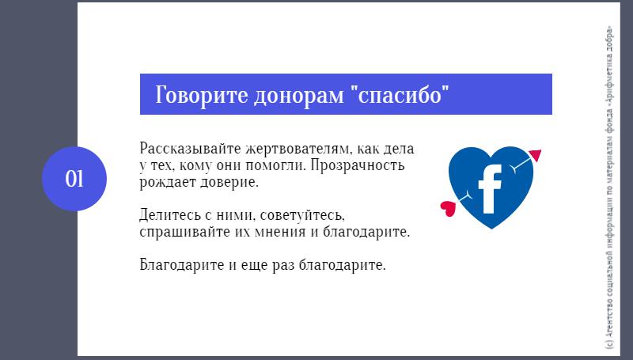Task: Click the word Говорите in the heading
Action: tap(201, 95)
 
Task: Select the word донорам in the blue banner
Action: tap(299, 96)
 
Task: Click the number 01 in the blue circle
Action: tap(74, 179)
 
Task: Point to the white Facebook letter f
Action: tap(490, 189)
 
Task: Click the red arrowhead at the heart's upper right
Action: tap(536, 155)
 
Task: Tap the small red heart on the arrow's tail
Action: tap(448, 208)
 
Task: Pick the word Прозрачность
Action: tap(358, 166)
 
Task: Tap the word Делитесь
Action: tap(170, 215)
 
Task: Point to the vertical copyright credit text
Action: tap(609, 188)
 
